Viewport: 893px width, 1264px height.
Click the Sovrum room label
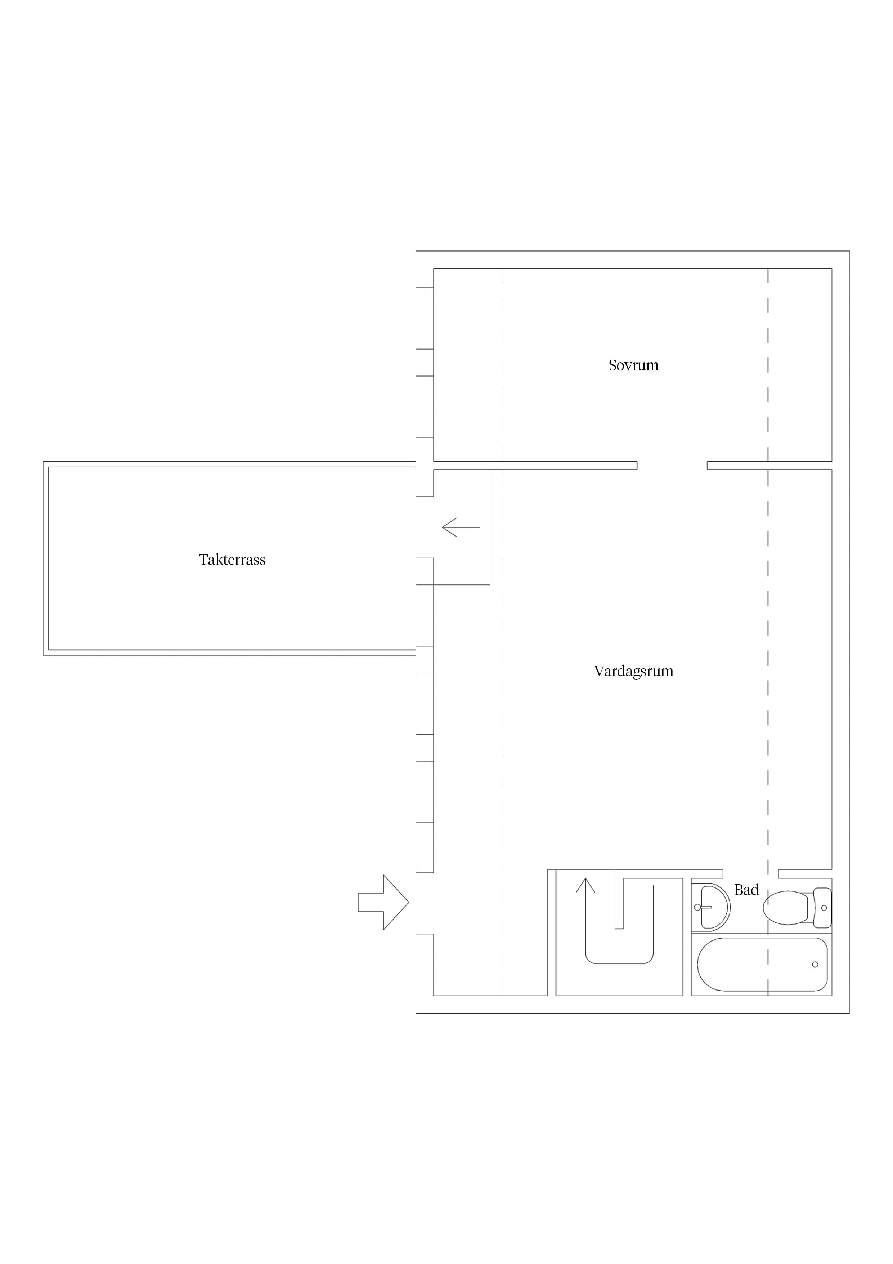(633, 366)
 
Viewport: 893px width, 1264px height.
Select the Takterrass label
(232, 560)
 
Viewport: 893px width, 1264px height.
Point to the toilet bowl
(785, 908)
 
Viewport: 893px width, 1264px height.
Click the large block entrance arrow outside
(383, 902)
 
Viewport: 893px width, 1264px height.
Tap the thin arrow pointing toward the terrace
(461, 528)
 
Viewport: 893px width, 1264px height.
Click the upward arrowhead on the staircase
(585, 885)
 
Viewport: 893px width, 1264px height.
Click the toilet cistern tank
(822, 908)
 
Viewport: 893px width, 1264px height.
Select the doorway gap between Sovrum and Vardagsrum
(672, 466)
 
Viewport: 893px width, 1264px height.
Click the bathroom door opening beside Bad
(750, 874)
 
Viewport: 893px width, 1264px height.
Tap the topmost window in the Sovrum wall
(425, 318)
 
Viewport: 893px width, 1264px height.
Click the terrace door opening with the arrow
(425, 528)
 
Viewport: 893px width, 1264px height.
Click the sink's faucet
(704, 907)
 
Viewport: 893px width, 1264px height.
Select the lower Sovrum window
(425, 407)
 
